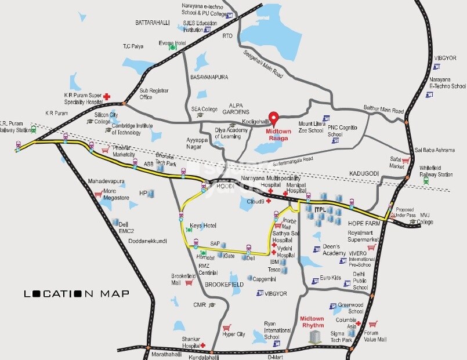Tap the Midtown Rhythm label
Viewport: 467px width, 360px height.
tap(312, 321)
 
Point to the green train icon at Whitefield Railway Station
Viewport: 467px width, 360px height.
tap(426, 180)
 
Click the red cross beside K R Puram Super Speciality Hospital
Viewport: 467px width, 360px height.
tap(107, 97)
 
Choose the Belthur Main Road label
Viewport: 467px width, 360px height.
tap(383, 110)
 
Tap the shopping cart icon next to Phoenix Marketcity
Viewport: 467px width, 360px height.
tap(106, 150)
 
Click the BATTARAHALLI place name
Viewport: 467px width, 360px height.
tap(152, 23)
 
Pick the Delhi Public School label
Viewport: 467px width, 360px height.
tap(360, 280)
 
